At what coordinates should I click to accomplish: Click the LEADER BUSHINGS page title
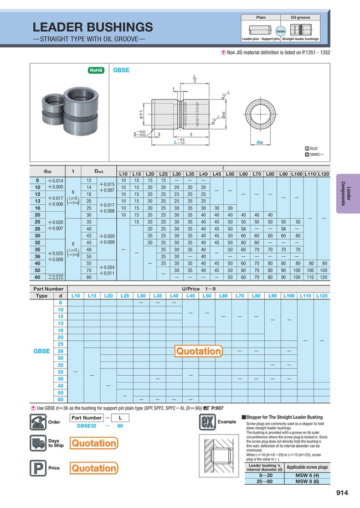tap(92, 27)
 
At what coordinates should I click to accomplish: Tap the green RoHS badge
tap(96, 70)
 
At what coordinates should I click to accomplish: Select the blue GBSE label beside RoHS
tap(121, 70)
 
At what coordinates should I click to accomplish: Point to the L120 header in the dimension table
tap(323, 174)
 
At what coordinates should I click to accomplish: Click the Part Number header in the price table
tap(48, 289)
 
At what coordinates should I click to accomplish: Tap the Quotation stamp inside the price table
tap(198, 351)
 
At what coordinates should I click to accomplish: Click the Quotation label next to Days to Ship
tap(94, 443)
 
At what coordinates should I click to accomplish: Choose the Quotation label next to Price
tap(94, 468)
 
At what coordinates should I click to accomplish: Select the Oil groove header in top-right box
tap(300, 18)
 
